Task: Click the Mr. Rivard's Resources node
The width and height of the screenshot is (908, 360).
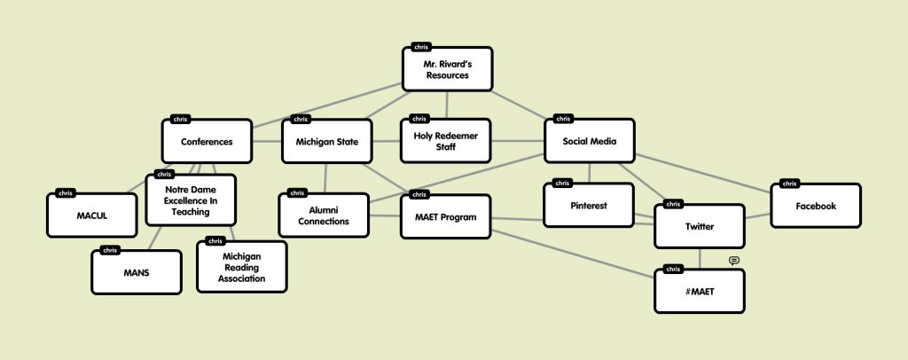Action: point(447,69)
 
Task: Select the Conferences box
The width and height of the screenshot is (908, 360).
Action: point(207,142)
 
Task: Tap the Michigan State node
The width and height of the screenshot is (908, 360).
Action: point(326,142)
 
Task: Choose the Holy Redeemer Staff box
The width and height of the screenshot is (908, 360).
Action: point(445,141)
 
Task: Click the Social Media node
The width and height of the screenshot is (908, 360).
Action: point(590,142)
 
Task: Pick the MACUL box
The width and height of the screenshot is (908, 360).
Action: point(92,214)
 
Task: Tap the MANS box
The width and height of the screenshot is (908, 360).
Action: point(137,272)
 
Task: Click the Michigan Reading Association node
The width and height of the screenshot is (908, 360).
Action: point(242,266)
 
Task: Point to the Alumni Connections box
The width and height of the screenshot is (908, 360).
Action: point(324,215)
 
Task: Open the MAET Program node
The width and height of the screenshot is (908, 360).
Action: point(445,216)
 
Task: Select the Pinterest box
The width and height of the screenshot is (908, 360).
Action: point(589,206)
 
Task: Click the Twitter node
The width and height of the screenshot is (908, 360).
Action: point(700,226)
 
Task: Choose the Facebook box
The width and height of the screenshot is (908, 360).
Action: point(816,207)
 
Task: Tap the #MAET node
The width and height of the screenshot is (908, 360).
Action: point(700,291)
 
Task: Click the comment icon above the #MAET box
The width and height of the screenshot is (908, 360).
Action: point(734,261)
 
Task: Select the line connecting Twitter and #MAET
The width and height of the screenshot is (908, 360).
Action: point(701,258)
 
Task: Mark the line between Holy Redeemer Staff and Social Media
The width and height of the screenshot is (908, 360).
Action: point(517,141)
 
